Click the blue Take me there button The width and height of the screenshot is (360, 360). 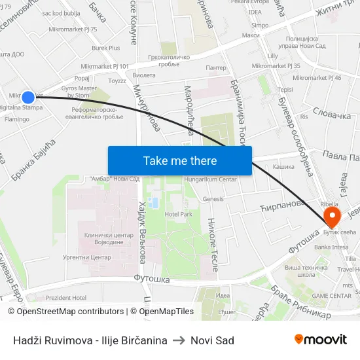[180, 160]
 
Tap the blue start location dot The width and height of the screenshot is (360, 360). [28, 98]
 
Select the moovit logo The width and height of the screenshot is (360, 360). [321, 339]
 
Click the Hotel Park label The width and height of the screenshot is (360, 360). [178, 214]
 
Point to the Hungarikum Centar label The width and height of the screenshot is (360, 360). [210, 179]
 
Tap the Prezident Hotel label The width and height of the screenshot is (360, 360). [66, 298]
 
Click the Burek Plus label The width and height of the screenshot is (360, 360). [106, 48]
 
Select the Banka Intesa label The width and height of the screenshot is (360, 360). [331, 247]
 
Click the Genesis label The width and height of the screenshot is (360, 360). [213, 199]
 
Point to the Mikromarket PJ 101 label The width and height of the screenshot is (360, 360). [105, 66]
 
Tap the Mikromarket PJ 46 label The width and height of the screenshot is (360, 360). [317, 78]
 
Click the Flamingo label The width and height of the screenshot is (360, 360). [17, 120]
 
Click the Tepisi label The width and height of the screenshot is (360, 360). [285, 90]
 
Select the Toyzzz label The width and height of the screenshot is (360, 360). [117, 81]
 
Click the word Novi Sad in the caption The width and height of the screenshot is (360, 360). [212, 340]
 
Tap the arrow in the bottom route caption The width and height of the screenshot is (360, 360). [179, 340]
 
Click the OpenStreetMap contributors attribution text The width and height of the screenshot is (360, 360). [65, 312]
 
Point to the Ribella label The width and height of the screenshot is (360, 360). [329, 204]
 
